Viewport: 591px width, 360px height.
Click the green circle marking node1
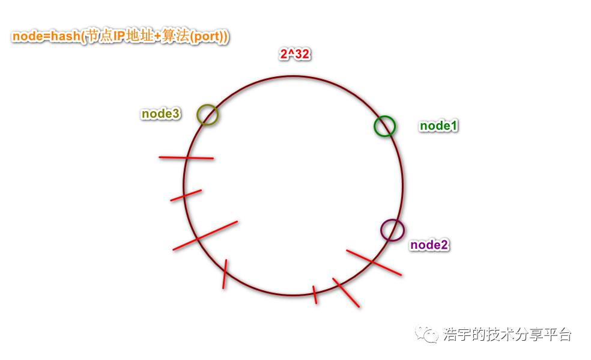click(x=384, y=126)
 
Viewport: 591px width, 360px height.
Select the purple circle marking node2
click(x=392, y=230)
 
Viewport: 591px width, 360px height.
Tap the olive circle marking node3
click(x=207, y=114)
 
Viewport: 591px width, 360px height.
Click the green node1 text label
click(x=438, y=126)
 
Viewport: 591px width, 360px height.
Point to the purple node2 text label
click(x=429, y=245)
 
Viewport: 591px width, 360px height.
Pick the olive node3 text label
click(x=160, y=114)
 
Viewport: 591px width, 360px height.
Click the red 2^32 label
click(x=294, y=55)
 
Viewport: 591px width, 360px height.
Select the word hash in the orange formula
click(x=65, y=37)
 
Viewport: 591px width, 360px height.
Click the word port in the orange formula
click(x=204, y=37)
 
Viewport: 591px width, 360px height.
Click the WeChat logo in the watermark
click(x=429, y=334)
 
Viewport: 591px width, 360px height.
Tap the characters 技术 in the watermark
click(x=502, y=335)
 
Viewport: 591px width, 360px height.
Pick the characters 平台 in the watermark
click(x=557, y=335)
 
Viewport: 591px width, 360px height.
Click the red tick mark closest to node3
click(x=186, y=158)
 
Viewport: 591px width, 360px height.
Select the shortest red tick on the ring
click(x=315, y=294)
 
